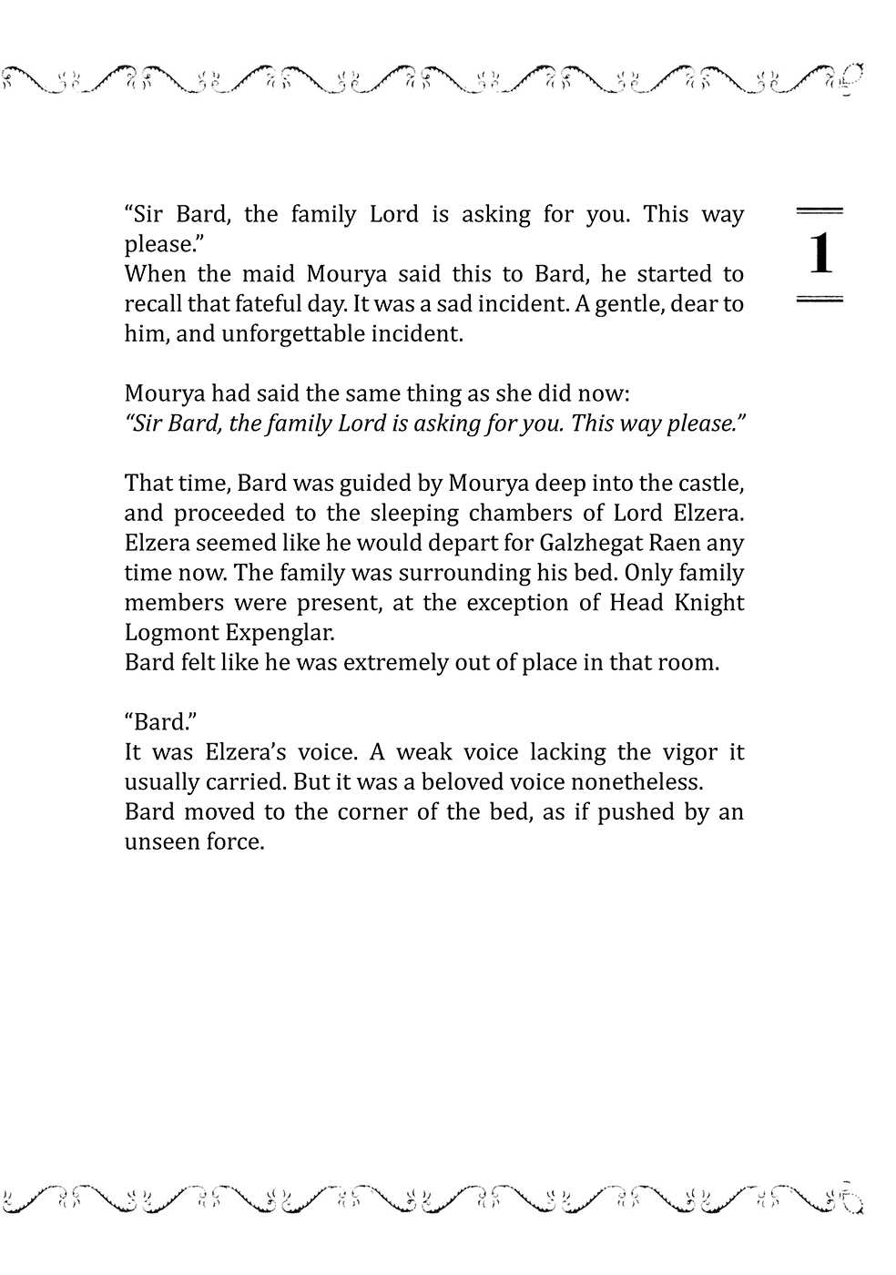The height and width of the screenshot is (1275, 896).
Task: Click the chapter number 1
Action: pos(820,254)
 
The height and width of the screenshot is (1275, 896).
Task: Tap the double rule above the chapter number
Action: pos(820,211)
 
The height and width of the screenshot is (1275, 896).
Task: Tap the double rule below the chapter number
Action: pos(820,299)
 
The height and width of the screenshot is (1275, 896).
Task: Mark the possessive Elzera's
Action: pos(245,752)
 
